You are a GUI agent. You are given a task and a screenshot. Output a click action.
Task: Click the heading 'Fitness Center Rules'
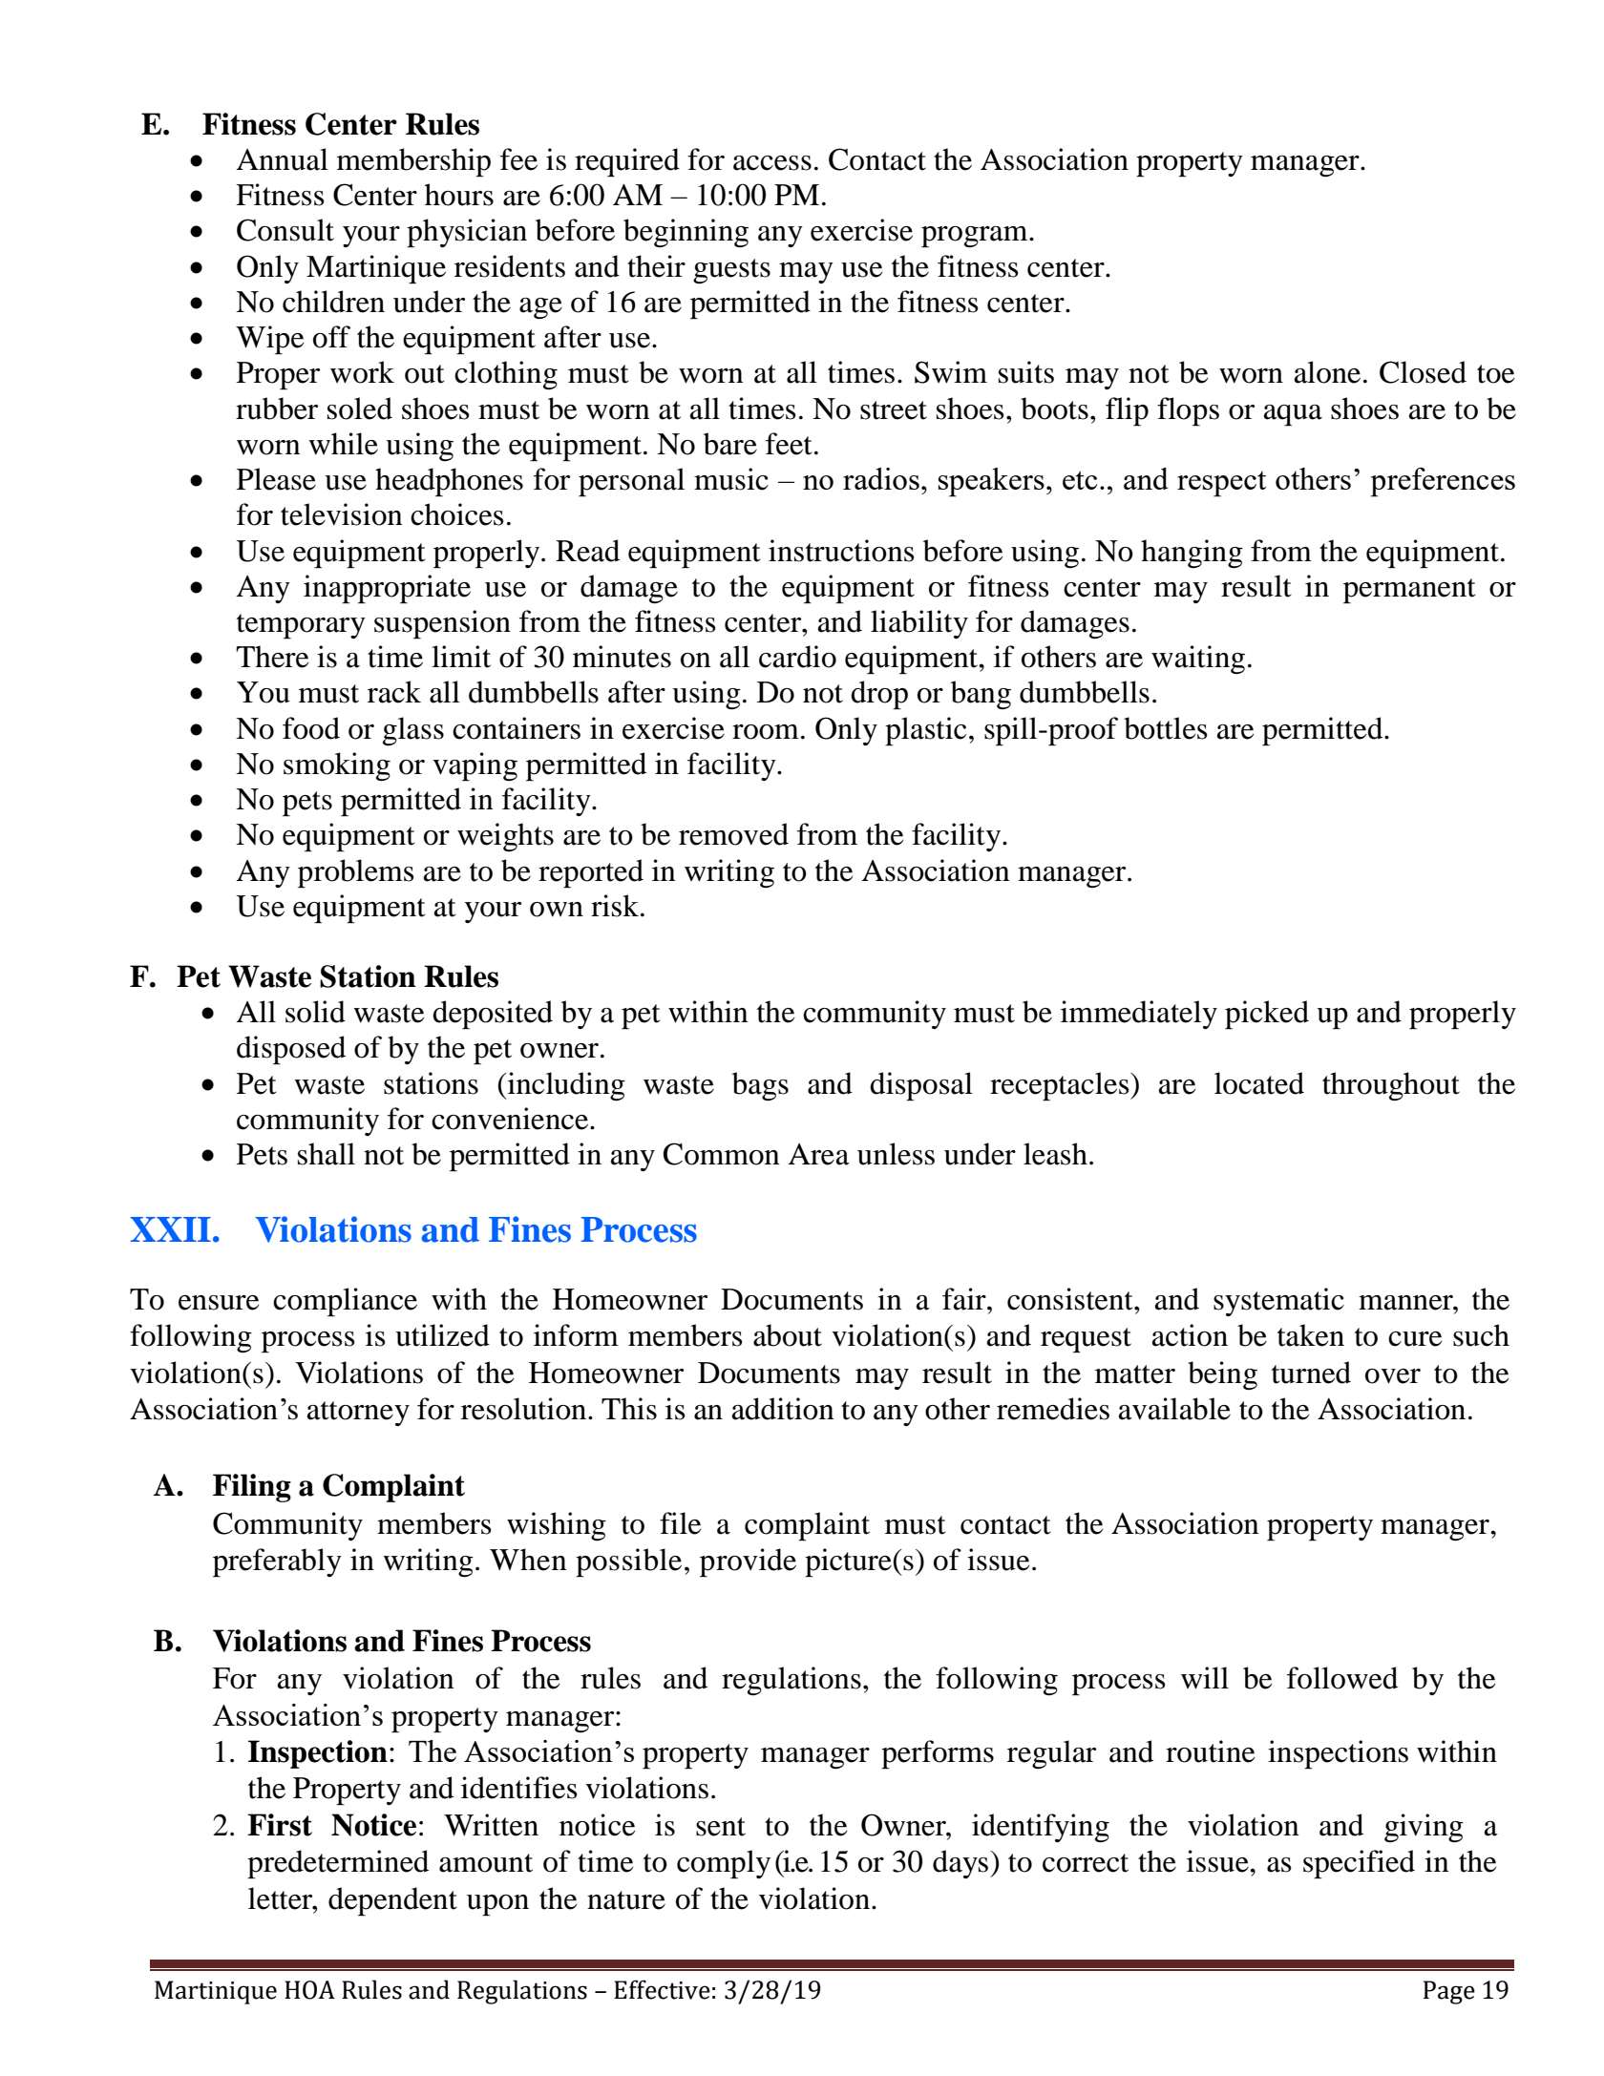tap(341, 125)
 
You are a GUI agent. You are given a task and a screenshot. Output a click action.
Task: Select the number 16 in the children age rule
tap(620, 303)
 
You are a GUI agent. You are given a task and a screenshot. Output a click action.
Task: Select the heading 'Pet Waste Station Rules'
tap(337, 977)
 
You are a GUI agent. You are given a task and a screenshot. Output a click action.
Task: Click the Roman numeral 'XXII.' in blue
tap(175, 1230)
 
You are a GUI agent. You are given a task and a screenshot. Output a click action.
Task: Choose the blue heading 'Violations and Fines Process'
tap(475, 1230)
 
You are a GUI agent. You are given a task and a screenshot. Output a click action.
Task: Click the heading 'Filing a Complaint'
tap(338, 1486)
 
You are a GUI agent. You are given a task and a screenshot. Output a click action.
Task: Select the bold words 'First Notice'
tap(332, 1826)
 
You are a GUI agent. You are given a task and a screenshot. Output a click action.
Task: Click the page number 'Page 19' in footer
tap(1465, 1990)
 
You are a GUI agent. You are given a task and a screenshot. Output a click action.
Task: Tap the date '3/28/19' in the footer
tap(772, 1990)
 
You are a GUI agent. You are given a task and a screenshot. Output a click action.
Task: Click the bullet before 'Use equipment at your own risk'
tap(197, 908)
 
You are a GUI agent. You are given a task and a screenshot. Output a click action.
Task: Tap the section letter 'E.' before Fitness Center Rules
tap(156, 125)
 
